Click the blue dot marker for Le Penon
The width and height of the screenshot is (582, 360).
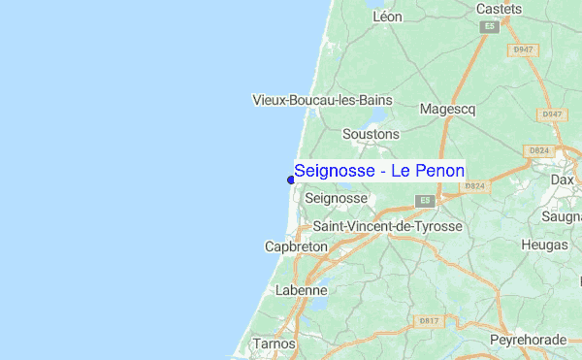click(x=291, y=179)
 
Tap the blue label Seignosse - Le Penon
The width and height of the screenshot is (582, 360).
click(x=379, y=171)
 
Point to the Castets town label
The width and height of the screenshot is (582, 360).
click(x=499, y=9)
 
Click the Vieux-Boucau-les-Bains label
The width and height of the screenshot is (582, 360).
click(x=321, y=100)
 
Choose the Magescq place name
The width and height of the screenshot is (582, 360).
click(x=447, y=110)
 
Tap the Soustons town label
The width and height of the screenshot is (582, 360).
click(x=371, y=133)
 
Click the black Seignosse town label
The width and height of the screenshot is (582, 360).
click(x=336, y=198)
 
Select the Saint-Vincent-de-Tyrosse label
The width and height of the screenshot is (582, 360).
click(x=387, y=226)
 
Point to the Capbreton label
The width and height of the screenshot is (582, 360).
click(x=296, y=247)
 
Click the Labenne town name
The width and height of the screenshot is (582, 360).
click(x=302, y=289)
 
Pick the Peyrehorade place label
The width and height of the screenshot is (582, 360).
click(x=527, y=341)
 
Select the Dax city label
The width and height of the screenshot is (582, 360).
click(x=563, y=180)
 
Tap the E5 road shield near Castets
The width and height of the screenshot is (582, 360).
click(x=490, y=27)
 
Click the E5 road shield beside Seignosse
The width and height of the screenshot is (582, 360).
click(x=423, y=200)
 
